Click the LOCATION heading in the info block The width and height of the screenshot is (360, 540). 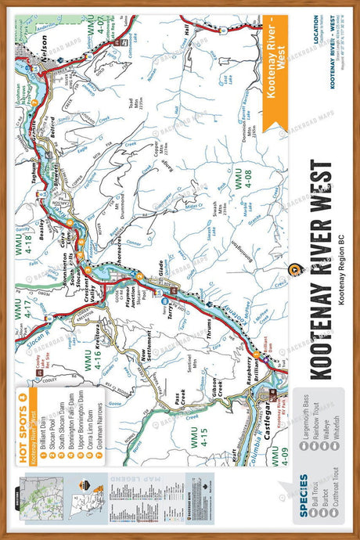(316, 31)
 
